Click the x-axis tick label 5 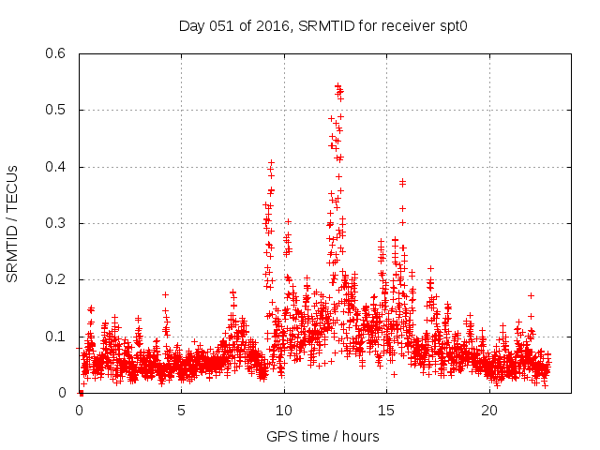[181, 410]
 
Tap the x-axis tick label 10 [284, 410]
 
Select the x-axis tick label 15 [386, 410]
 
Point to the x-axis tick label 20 [489, 410]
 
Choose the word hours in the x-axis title [360, 436]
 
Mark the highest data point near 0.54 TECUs [337, 85]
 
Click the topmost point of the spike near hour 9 [271, 162]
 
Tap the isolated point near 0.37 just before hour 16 [402, 181]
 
